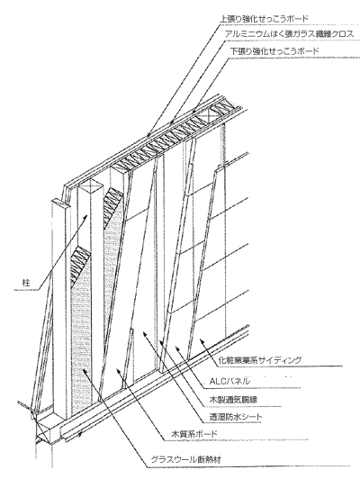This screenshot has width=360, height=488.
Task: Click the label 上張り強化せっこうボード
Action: click(264, 18)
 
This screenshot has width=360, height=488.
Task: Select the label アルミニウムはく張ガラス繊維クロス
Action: click(289, 33)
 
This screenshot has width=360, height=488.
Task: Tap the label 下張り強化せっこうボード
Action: click(274, 50)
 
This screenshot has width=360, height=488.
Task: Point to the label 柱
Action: click(26, 283)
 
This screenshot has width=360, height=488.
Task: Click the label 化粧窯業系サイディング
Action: click(260, 360)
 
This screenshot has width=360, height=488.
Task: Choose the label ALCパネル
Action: click(229, 381)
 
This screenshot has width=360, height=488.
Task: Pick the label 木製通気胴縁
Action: click(233, 400)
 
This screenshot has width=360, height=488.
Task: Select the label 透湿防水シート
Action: click(236, 416)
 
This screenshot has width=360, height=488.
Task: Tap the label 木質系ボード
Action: click(194, 434)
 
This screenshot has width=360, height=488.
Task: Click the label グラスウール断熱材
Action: click(186, 459)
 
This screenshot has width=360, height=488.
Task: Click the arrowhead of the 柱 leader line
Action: click(86, 216)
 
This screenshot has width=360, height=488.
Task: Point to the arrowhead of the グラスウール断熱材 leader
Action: click(85, 371)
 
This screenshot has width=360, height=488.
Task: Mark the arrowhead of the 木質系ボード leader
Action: click(118, 370)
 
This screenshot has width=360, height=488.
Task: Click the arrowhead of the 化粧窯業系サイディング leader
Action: click(202, 340)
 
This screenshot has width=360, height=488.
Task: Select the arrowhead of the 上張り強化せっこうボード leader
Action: click(148, 136)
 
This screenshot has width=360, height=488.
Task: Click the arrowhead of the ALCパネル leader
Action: click(177, 347)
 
